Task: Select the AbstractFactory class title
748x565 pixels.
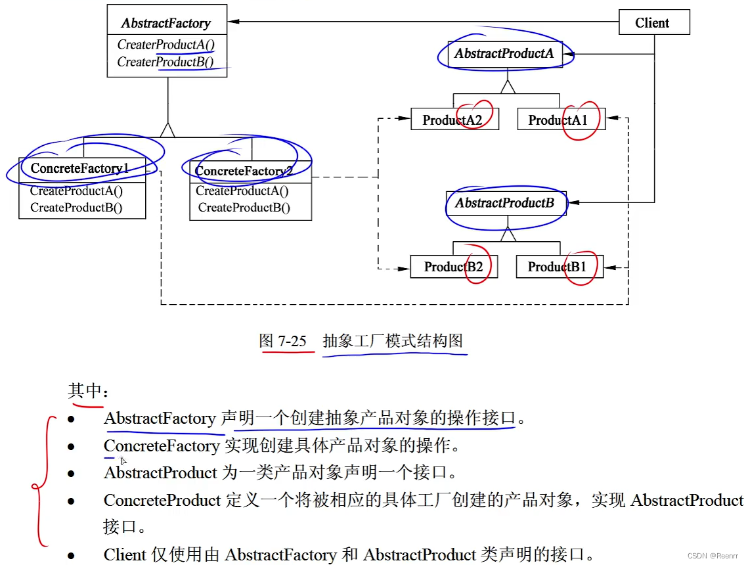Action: click(x=166, y=23)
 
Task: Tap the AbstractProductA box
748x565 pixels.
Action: click(x=504, y=54)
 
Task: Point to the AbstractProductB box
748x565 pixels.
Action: click(x=505, y=203)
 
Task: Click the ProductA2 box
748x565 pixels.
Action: click(x=454, y=120)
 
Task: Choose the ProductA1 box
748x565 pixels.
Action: click(x=560, y=120)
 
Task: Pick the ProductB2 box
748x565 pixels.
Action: click(x=454, y=267)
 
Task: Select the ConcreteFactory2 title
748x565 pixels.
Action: click(x=244, y=171)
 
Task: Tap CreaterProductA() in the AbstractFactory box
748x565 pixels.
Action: click(x=166, y=45)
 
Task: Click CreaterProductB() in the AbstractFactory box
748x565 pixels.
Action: click(x=165, y=62)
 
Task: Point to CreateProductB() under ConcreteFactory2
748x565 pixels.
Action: click(x=244, y=208)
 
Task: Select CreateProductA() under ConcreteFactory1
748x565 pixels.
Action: click(x=76, y=191)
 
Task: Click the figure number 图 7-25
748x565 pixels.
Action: click(x=283, y=341)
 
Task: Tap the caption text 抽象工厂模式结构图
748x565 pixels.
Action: click(x=393, y=341)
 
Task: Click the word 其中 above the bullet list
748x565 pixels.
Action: click(x=85, y=391)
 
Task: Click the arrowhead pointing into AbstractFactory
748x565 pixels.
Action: click(x=233, y=22)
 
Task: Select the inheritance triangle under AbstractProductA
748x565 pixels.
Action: click(x=506, y=87)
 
